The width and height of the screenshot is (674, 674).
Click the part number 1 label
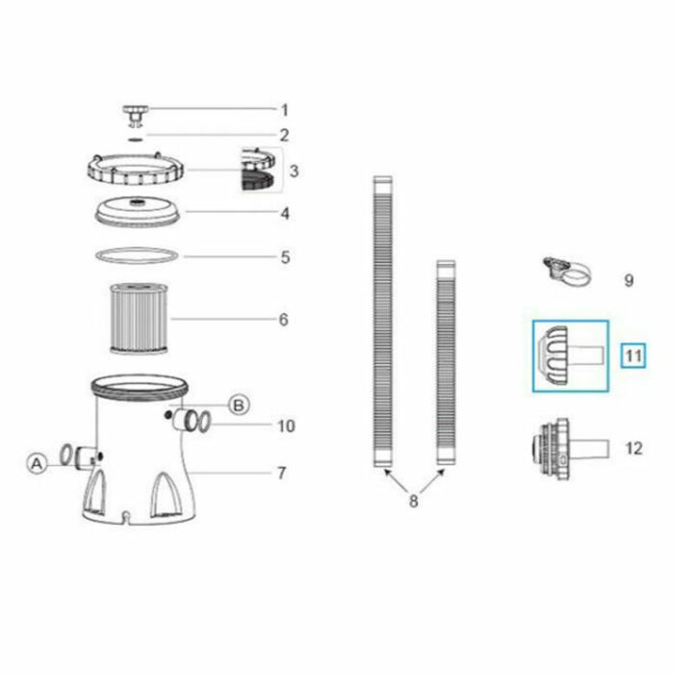(283, 110)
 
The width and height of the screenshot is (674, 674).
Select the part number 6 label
(283, 319)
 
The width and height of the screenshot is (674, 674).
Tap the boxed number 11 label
(632, 356)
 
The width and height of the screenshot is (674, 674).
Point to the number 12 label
(633, 448)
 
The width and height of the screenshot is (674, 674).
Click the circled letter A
(36, 463)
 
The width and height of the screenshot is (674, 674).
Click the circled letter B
(238, 404)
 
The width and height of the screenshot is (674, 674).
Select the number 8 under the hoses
(413, 501)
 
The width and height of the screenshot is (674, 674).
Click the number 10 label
(286, 426)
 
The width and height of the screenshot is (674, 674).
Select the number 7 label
(281, 473)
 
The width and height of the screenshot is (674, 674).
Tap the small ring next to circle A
(66, 454)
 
